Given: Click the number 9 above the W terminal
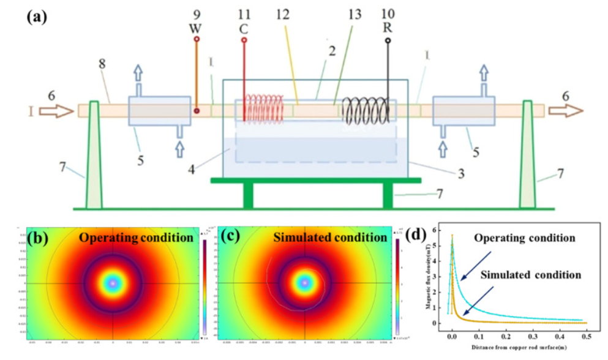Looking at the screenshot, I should tap(196, 13).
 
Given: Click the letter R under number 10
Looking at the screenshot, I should tap(388, 28).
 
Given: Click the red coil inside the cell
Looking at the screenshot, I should tap(264, 108).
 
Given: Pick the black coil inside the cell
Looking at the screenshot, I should tap(366, 111).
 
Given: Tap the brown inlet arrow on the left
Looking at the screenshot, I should tap(56, 111).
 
